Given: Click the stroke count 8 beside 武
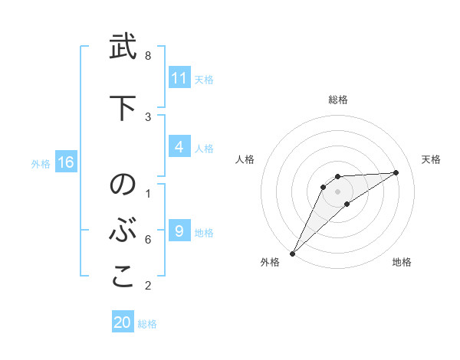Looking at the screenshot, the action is click(x=148, y=56).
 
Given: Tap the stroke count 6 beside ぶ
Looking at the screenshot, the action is click(x=148, y=240).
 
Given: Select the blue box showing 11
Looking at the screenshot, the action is click(x=179, y=78).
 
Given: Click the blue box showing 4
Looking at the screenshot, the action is click(x=179, y=147).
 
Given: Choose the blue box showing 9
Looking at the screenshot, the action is click(x=179, y=231).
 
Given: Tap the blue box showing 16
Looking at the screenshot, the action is click(x=66, y=162).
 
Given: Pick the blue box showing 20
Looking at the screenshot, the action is click(x=123, y=322).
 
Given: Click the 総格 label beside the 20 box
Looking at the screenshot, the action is click(x=147, y=324).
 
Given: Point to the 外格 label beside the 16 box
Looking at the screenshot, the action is click(x=41, y=163).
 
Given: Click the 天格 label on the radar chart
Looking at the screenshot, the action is click(x=431, y=159).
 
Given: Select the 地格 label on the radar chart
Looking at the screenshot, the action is click(x=402, y=262).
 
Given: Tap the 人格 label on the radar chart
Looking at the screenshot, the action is click(x=245, y=159).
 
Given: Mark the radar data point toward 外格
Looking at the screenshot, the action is click(x=292, y=253).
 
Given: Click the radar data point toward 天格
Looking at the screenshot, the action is click(x=396, y=172).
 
